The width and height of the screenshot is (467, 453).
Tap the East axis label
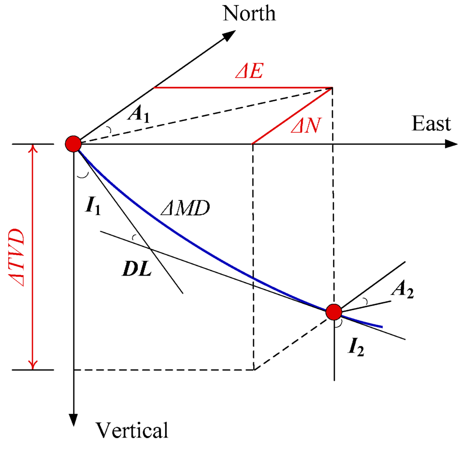[431, 124]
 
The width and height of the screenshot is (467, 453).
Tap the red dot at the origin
[73, 144]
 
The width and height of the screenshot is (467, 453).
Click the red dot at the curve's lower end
[334, 312]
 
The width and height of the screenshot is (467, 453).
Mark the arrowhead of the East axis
[451, 144]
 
